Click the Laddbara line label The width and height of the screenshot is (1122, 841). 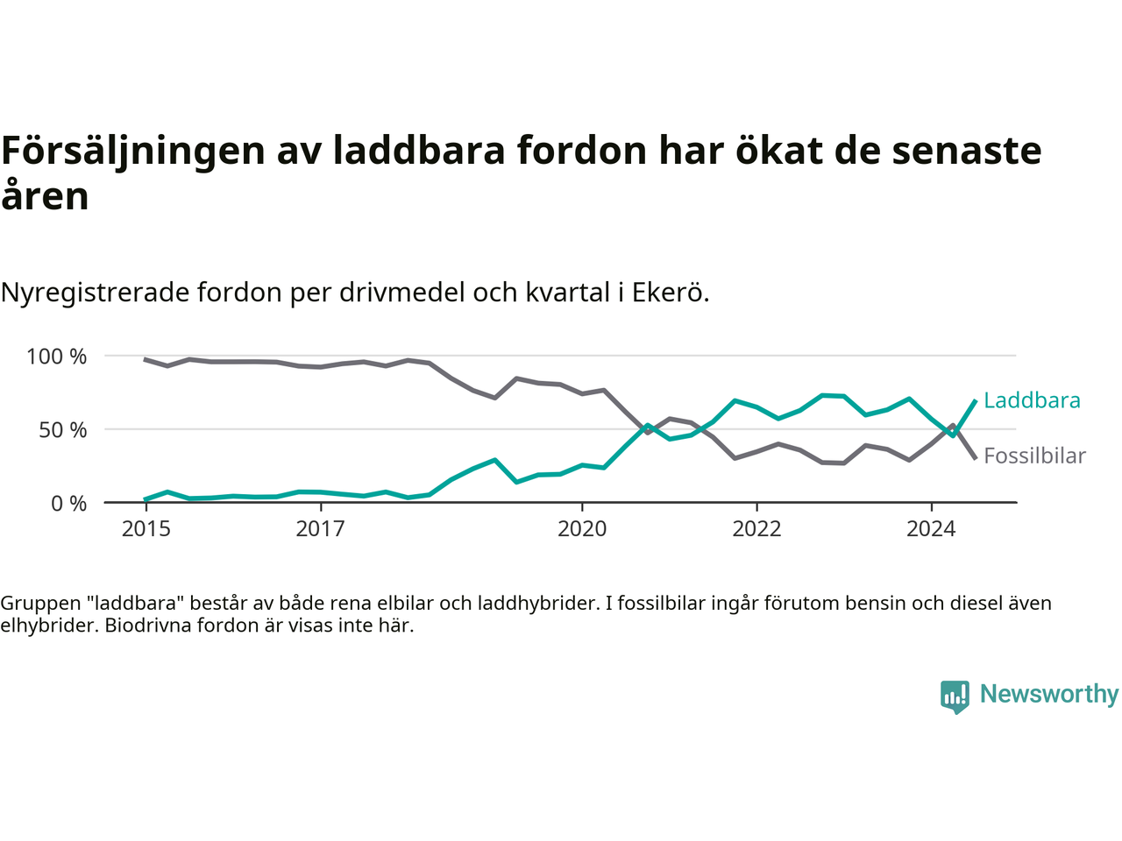click(x=1032, y=400)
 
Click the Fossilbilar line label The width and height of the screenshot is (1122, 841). click(x=1034, y=456)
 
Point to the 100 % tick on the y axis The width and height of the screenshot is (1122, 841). click(x=57, y=357)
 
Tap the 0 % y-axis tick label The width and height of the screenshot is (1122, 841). click(x=68, y=504)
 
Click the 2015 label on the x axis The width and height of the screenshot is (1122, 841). click(x=146, y=529)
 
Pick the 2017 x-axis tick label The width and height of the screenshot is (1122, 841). click(x=321, y=529)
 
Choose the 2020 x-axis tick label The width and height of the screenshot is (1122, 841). click(x=582, y=529)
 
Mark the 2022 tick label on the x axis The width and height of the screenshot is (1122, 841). click(x=756, y=529)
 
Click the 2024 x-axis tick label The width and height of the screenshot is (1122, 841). click(x=931, y=529)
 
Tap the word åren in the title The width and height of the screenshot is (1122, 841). click(x=45, y=195)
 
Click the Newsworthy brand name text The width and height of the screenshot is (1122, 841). click(x=1049, y=694)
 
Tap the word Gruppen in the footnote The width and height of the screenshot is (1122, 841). click(x=39, y=604)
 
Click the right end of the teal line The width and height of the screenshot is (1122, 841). click(x=975, y=400)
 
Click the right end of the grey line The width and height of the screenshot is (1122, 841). click(x=975, y=457)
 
